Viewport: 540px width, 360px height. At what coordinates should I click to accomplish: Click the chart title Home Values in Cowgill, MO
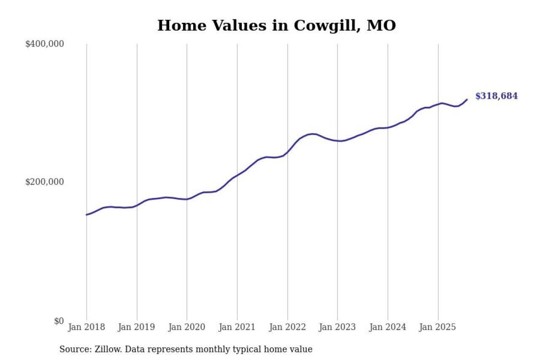coord(276,26)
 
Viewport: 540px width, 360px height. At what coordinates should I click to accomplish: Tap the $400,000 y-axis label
coord(44,44)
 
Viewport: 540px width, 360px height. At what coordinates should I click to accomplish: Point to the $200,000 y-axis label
coord(44,182)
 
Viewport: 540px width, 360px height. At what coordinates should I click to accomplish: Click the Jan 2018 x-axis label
coord(86,327)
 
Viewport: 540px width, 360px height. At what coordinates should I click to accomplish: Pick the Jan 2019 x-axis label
coord(137,327)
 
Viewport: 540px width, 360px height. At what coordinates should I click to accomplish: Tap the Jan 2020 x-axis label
coord(187,327)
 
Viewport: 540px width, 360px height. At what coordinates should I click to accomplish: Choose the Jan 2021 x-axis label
coord(237,327)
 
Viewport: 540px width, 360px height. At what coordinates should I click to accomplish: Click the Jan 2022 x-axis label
coord(287,327)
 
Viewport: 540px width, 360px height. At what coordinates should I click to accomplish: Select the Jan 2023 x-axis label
coord(337,327)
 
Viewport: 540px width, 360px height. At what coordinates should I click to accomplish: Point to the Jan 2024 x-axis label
coord(388,327)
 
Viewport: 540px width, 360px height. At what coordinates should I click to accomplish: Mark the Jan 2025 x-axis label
coord(438,327)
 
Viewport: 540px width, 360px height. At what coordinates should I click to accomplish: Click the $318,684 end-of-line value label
coord(496,96)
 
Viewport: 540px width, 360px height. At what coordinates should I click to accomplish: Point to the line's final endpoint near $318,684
coord(467,100)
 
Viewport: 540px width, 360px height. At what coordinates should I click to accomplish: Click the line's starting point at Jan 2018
coord(86,215)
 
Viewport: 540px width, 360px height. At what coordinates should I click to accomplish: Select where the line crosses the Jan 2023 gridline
coord(337,141)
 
